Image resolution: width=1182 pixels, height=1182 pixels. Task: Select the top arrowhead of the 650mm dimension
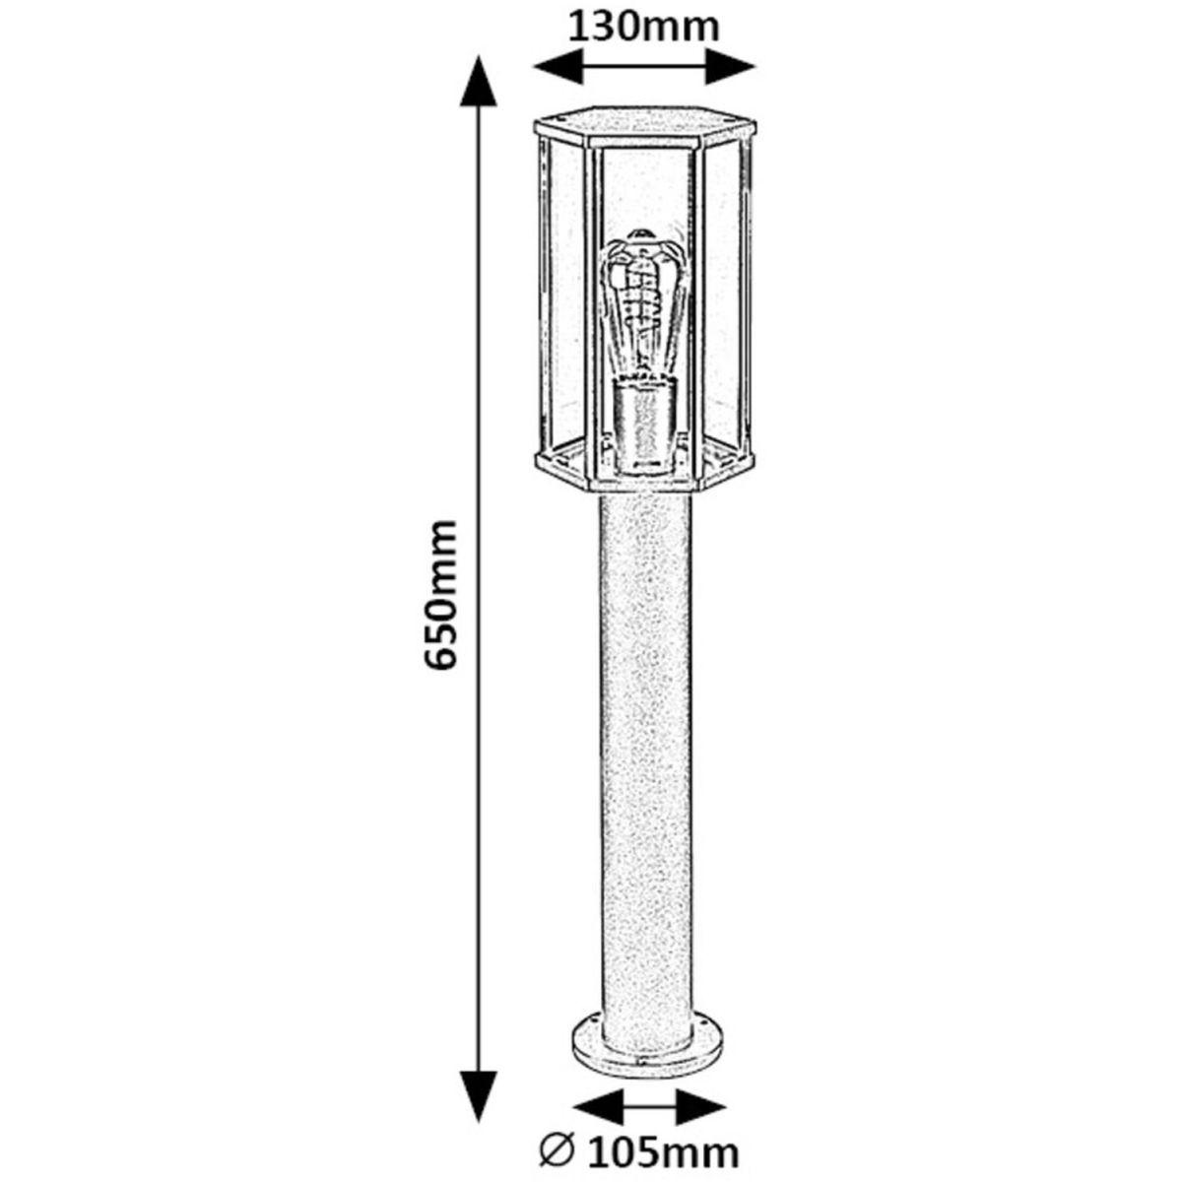point(479,81)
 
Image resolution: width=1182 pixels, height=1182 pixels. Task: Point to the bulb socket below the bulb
point(646,427)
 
